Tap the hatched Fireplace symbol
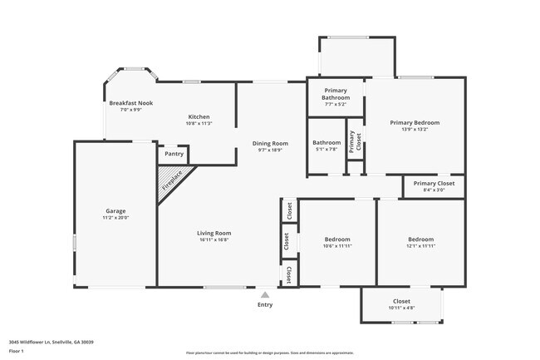(x=173, y=180)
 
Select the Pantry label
(x=174, y=154)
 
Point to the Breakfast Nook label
(x=130, y=103)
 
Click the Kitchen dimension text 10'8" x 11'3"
(x=199, y=123)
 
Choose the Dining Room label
(x=270, y=143)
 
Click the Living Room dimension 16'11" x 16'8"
(x=214, y=240)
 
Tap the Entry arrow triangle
(x=265, y=293)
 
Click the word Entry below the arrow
(x=265, y=305)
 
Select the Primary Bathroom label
(x=336, y=94)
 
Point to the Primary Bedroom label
(x=415, y=122)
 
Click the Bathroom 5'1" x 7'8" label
(x=326, y=145)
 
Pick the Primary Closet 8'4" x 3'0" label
(x=434, y=186)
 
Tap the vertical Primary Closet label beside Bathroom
(x=352, y=142)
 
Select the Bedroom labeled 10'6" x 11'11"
(x=337, y=243)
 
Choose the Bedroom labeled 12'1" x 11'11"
(x=421, y=243)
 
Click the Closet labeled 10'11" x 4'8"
(x=401, y=304)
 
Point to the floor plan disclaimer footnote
(x=270, y=352)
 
